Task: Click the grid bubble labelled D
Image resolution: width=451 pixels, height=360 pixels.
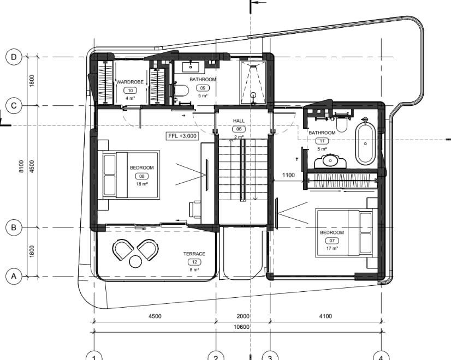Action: coord(14,57)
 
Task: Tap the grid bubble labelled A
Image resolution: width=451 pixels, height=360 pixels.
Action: coord(14,277)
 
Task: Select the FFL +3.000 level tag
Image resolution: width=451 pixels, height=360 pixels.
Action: coord(182,136)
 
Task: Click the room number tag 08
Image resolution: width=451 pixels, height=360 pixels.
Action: coord(142,176)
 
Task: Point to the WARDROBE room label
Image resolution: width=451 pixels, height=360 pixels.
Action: coord(130,82)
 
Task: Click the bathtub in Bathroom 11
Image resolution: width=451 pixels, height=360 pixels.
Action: coord(365,143)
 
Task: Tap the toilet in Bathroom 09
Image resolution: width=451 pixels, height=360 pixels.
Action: coord(182,91)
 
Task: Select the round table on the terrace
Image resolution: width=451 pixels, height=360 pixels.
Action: coord(135,261)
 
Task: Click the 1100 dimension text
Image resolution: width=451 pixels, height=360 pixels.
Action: coord(288,175)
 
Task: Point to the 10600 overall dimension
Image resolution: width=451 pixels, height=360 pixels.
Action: coord(241,327)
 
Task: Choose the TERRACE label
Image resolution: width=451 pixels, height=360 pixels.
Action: coord(194,254)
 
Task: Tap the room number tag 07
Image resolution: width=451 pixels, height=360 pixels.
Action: coord(332,241)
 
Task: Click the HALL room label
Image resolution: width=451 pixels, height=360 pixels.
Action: coord(239,121)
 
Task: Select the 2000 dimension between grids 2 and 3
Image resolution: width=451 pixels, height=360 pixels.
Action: coord(243,316)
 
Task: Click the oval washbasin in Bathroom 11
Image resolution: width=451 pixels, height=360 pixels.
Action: coord(330,160)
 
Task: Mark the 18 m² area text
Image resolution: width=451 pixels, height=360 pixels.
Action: coord(142,184)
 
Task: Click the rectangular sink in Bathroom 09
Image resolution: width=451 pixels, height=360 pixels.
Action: coord(191,67)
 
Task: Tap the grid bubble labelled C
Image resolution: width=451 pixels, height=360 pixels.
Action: coord(14,106)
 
